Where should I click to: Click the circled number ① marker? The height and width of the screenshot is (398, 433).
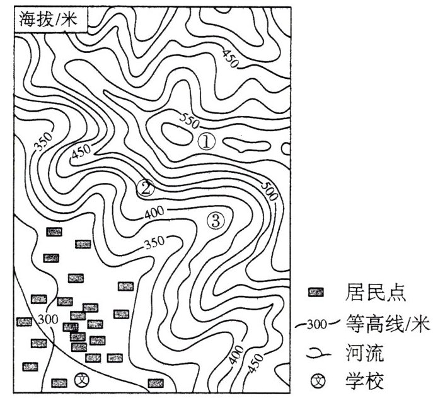tap(206, 141)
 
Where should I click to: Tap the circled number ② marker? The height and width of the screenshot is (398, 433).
tap(145, 187)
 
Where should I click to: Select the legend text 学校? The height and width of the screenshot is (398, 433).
tap(362, 381)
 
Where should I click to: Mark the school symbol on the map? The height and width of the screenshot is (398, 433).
tap(81, 380)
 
